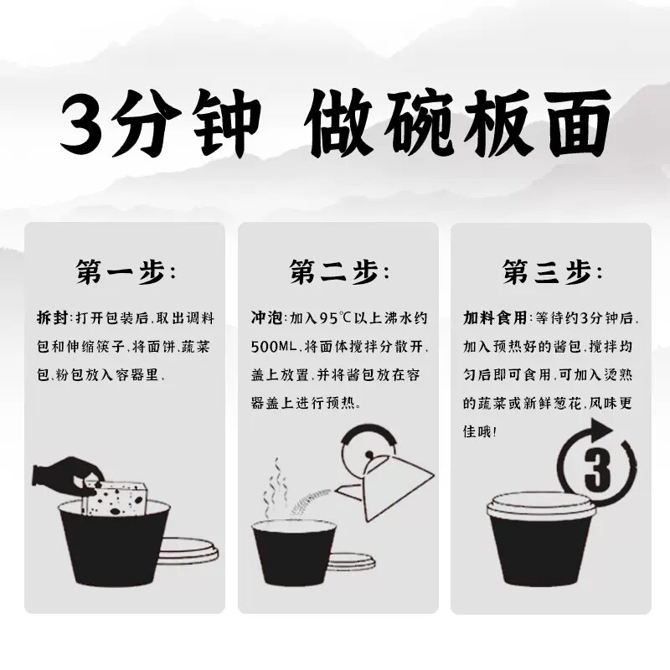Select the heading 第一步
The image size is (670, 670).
125,271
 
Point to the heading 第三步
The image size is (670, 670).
552,271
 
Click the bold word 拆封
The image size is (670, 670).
52,318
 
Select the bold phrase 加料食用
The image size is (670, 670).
495,318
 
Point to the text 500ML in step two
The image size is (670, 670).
274,347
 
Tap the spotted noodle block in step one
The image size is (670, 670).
114,498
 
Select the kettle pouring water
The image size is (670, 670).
384,473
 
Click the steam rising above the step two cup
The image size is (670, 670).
274,488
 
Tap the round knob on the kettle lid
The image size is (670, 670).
368,454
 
